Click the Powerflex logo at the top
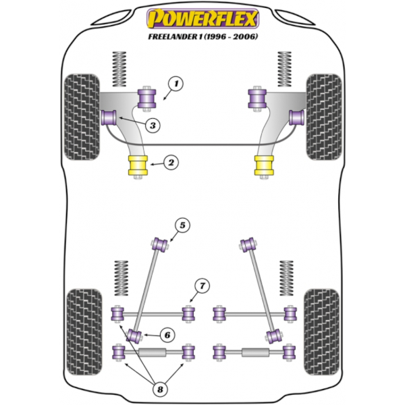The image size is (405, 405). pyautogui.click(x=202, y=19)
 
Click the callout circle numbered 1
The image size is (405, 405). pyautogui.click(x=175, y=84)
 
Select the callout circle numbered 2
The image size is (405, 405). pyautogui.click(x=171, y=163)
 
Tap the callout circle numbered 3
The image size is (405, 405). pyautogui.click(x=153, y=126)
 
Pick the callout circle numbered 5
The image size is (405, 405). pyautogui.click(x=182, y=225)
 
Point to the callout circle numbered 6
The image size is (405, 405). pyautogui.click(x=167, y=335)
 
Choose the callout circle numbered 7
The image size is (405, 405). pyautogui.click(x=202, y=286)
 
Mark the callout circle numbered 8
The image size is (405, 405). pyautogui.click(x=160, y=389)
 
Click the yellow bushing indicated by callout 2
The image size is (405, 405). pyautogui.click(x=138, y=165)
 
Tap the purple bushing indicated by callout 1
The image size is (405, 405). pyautogui.click(x=146, y=99)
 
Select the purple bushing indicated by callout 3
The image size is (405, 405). pyautogui.click(x=109, y=117)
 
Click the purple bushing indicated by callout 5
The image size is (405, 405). pyautogui.click(x=160, y=244)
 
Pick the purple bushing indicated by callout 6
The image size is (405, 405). pyautogui.click(x=135, y=336)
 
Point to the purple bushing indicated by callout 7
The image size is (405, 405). pyautogui.click(x=188, y=313)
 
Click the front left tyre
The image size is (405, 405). pyautogui.click(x=82, y=117)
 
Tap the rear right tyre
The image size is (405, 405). pyautogui.click(x=322, y=332)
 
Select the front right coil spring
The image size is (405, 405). pyautogui.click(x=284, y=69)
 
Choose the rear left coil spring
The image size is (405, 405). pyautogui.click(x=121, y=278)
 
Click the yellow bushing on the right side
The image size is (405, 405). pyautogui.click(x=264, y=165)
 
